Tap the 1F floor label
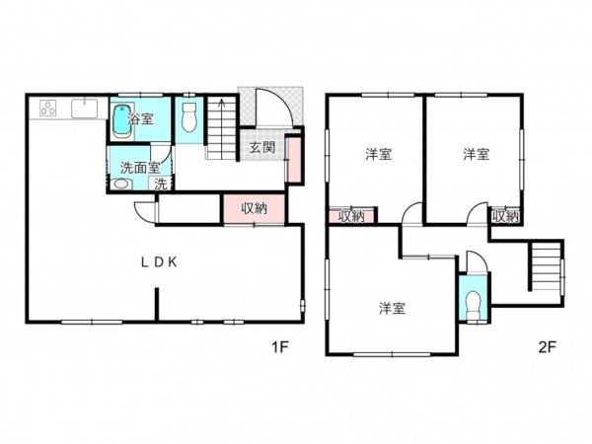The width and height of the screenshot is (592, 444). pyautogui.click(x=281, y=346)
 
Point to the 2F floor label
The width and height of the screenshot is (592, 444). pyautogui.click(x=548, y=346)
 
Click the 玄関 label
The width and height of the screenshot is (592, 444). pyautogui.click(x=261, y=148)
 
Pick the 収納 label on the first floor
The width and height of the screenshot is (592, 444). pyautogui.click(x=254, y=208)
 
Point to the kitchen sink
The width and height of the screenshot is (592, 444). pyautogui.click(x=84, y=108)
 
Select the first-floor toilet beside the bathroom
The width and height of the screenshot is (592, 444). pyautogui.click(x=189, y=120)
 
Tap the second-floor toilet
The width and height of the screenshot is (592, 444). pyautogui.click(x=472, y=303)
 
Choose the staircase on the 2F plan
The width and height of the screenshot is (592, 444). pyautogui.click(x=545, y=264)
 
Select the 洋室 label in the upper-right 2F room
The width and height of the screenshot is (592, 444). pyautogui.click(x=477, y=155)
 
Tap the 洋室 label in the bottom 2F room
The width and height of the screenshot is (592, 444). pyautogui.click(x=392, y=309)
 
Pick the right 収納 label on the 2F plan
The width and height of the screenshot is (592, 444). pyautogui.click(x=505, y=215)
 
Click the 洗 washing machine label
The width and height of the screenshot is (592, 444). pyautogui.click(x=159, y=184)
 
